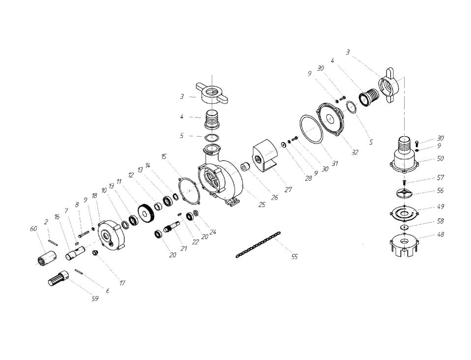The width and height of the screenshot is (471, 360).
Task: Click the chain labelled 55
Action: pyautogui.click(x=258, y=244)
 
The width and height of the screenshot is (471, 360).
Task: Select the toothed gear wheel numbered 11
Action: pyautogui.click(x=147, y=214)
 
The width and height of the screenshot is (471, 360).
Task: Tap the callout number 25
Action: pyautogui.click(x=262, y=205)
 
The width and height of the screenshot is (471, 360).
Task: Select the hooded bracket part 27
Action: pyautogui.click(x=265, y=156)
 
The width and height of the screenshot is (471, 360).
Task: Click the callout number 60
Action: pyautogui.click(x=33, y=229)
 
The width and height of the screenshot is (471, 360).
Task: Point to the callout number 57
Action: pyautogui.click(x=441, y=178)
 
